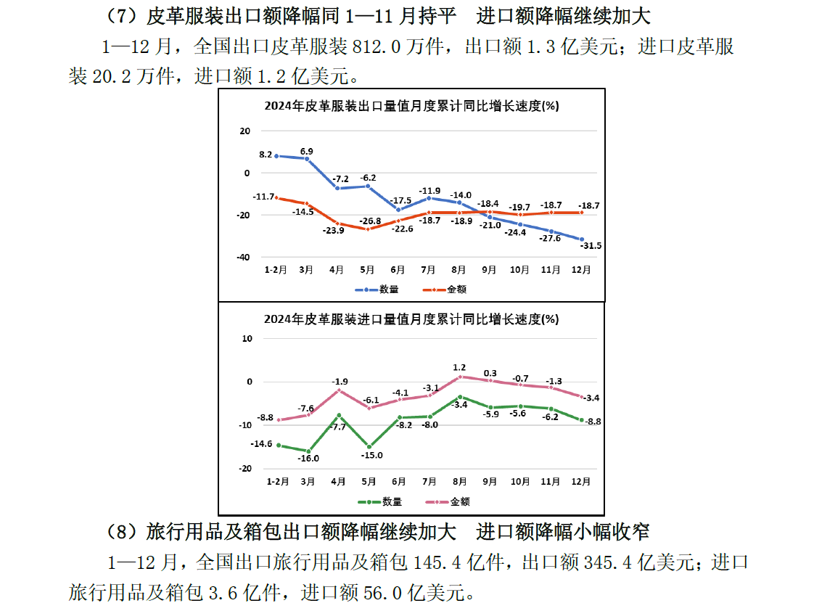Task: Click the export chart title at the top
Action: click(411, 106)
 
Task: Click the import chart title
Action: click(411, 319)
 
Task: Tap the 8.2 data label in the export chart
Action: click(266, 155)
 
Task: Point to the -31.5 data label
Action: click(591, 245)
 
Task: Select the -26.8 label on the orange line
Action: click(369, 221)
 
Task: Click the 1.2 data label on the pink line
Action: click(459, 367)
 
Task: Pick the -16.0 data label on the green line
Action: click(308, 458)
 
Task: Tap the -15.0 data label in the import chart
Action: click(371, 455)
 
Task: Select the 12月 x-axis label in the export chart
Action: click(581, 270)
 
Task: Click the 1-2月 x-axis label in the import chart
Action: click(277, 481)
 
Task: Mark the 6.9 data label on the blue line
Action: click(306, 151)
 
